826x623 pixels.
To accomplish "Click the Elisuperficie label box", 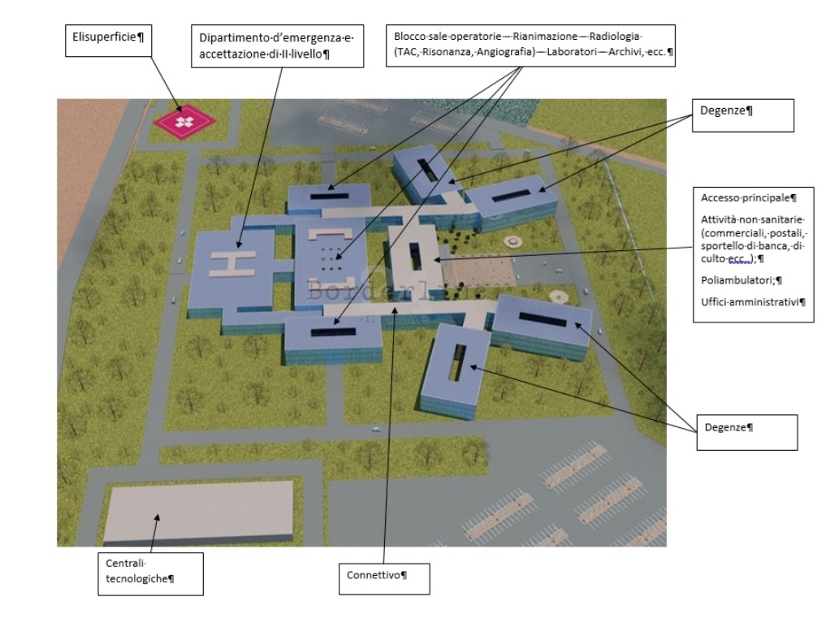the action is coord(109,40).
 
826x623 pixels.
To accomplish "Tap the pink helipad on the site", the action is coord(184,122).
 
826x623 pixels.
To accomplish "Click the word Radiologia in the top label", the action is coord(614,37).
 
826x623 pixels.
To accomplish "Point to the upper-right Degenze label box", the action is coord(743,115).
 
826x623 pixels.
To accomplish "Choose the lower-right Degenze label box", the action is coord(747,432).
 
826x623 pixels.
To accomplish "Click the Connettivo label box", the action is coord(384,579).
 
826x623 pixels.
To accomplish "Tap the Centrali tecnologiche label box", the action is coord(150,574).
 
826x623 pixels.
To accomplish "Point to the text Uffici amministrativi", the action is coord(750,302).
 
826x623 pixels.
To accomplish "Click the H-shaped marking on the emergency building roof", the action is coord(233,264).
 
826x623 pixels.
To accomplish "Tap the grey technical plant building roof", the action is coord(198,510).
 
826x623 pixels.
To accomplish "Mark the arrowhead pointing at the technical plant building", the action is coord(157,517).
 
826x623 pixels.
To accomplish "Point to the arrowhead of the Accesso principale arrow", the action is coord(437,259).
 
